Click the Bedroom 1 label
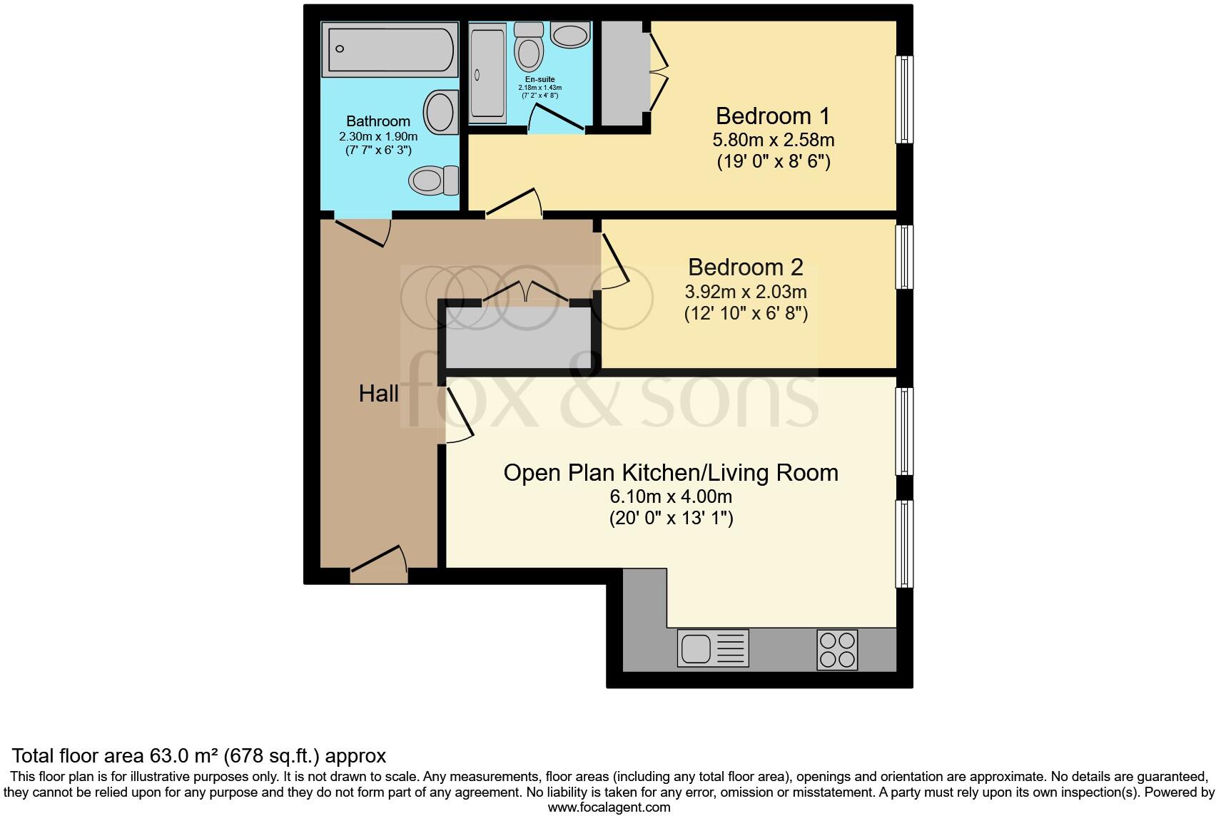[774, 116]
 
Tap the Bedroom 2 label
[745, 267]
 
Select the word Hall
[378, 393]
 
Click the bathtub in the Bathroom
[388, 49]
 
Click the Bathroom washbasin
[441, 113]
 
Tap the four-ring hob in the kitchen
[837, 649]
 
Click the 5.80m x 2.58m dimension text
[774, 140]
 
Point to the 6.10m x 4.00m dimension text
[671, 496]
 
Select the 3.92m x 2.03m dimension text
[745, 292]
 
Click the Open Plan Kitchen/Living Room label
[671, 472]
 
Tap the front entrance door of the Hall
[379, 561]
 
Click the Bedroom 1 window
[904, 99]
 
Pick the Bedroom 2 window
[904, 257]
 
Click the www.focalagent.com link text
[609, 807]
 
